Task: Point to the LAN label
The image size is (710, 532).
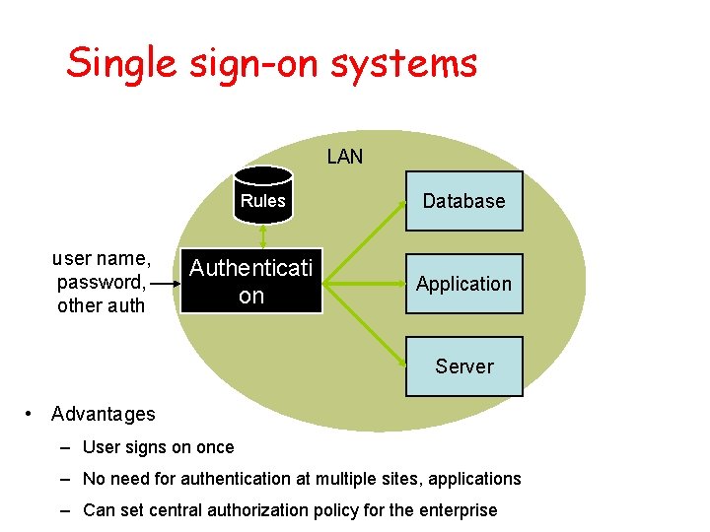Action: point(345,157)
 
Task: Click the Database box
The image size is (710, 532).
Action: point(463,201)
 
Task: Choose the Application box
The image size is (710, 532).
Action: point(463,284)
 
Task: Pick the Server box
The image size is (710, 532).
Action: point(463,366)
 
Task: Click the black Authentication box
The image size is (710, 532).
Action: point(250,282)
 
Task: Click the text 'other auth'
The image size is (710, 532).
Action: point(102,305)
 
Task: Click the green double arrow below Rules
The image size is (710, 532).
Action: point(263,237)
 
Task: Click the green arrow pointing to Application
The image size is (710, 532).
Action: point(365,284)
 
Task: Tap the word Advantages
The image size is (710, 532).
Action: point(104,414)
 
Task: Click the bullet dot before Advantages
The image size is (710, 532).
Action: point(30,413)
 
